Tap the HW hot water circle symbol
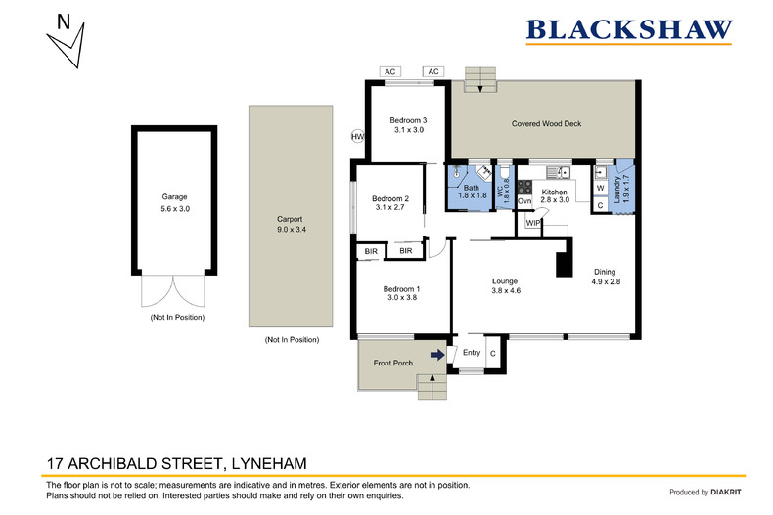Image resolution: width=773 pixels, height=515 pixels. point(357,137)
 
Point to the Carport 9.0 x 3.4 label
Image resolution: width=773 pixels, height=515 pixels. point(292,225)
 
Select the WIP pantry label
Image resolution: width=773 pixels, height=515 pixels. point(532,223)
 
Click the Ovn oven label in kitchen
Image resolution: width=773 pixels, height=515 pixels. point(523,201)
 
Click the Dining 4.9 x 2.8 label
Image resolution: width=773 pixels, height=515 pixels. point(607,277)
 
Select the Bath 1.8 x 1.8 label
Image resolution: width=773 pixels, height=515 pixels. point(471,192)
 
